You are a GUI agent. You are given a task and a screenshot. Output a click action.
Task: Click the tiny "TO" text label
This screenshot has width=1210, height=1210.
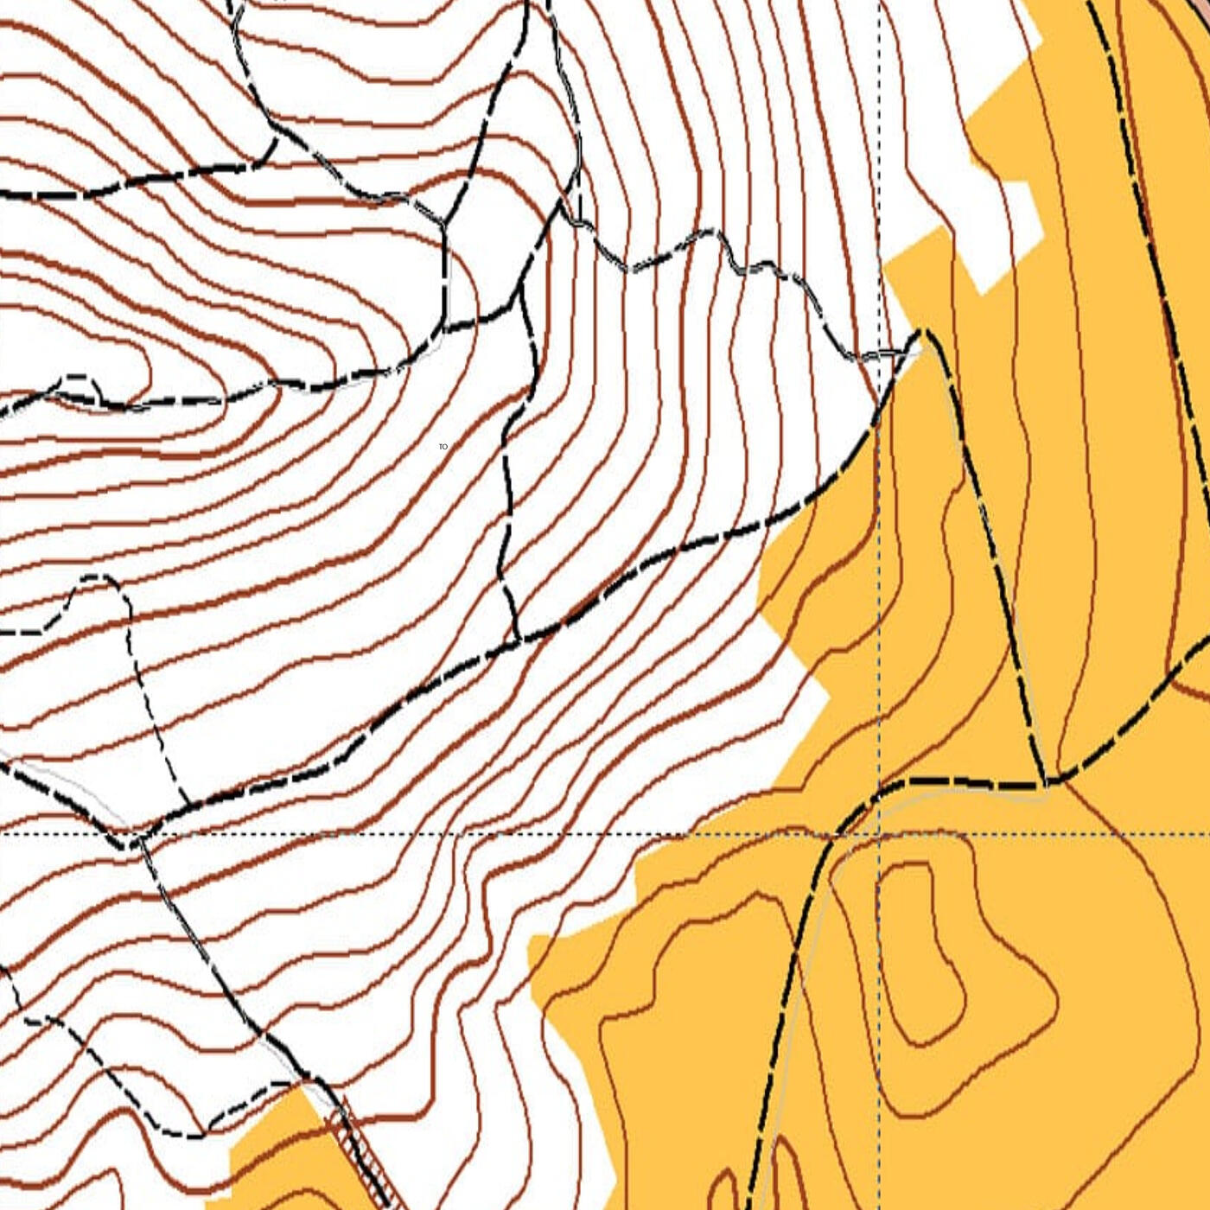pos(443,447)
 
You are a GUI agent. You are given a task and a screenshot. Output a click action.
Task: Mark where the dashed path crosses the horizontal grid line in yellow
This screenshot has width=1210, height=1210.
pos(830,836)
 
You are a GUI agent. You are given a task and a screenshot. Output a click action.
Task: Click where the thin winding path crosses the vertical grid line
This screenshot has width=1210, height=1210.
pos(880,355)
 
